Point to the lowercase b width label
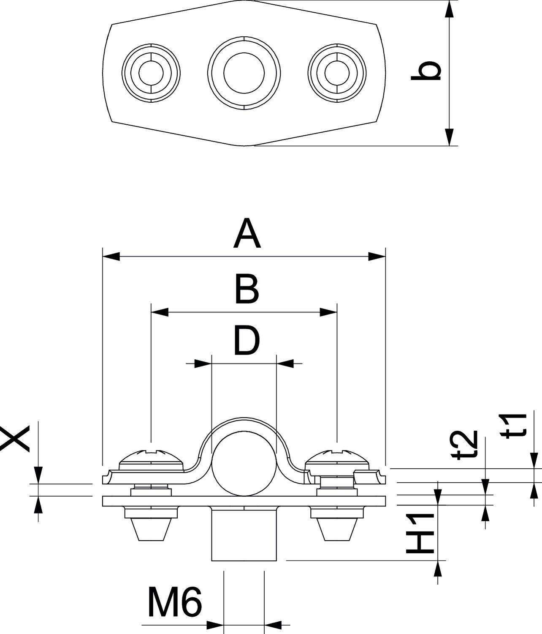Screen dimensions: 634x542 426,71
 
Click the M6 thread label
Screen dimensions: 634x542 175,601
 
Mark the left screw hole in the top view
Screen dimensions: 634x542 151,73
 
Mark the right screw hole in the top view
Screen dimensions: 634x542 337,73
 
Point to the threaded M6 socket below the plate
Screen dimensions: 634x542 244,535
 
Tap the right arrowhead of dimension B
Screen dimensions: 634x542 328,312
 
